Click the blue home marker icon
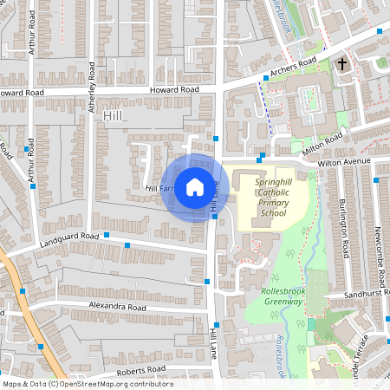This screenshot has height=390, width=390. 195,186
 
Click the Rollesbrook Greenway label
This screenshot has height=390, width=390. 283,296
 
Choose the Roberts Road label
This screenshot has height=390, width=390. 140,369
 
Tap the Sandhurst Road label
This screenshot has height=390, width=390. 364,295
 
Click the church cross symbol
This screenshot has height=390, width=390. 342,64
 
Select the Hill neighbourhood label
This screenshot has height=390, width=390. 114,115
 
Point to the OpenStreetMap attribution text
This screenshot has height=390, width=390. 88,384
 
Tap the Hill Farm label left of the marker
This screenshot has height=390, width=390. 161,188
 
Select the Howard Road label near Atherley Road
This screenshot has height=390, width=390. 174,89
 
